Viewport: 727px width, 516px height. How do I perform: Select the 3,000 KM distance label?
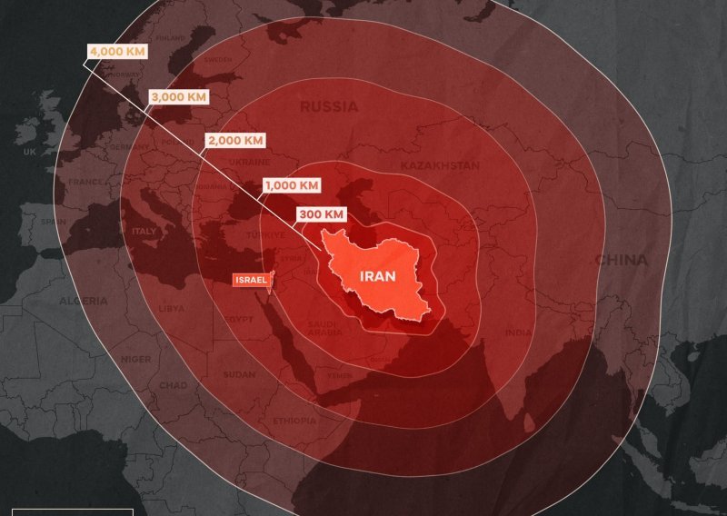click(x=177, y=96)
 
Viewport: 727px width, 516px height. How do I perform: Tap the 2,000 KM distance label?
click(x=234, y=141)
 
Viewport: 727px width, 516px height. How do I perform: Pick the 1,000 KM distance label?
click(x=292, y=185)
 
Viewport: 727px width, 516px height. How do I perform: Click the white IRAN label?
click(x=377, y=277)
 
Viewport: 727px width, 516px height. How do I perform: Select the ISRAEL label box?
click(x=251, y=280)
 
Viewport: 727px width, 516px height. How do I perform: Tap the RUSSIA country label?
click(x=329, y=107)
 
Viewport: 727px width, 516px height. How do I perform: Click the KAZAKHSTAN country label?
click(x=440, y=166)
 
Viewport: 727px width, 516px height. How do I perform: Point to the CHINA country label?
click(x=622, y=261)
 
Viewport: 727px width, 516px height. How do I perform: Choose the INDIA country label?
click(x=518, y=332)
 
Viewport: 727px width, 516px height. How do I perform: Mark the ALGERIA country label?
click(x=83, y=301)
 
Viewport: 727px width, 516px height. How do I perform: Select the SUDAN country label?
click(x=239, y=374)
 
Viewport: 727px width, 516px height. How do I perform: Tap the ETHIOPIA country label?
click(x=294, y=421)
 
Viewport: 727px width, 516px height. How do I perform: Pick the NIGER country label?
click(x=137, y=359)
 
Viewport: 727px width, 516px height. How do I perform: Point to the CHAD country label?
click(x=173, y=385)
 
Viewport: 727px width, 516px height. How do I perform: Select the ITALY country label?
click(x=144, y=232)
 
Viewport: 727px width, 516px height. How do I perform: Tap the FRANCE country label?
click(x=85, y=182)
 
